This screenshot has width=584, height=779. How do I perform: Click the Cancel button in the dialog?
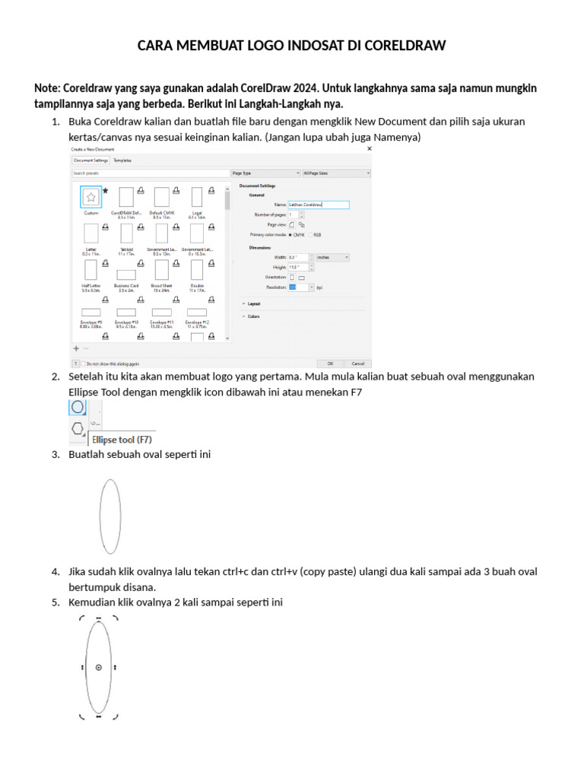[x=357, y=364]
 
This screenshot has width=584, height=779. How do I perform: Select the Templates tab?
[x=122, y=161]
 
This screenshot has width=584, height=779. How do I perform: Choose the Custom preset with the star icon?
[x=90, y=198]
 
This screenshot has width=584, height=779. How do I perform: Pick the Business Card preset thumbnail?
[x=126, y=275]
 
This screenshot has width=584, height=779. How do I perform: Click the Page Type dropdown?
[x=265, y=173]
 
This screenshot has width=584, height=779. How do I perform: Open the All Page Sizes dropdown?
[x=337, y=173]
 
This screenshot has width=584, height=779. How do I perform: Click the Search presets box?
[x=149, y=173]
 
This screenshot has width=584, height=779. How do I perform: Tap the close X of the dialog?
[x=370, y=149]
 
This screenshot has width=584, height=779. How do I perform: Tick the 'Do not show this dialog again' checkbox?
[x=83, y=364]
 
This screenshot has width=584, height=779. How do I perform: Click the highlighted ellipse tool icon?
[x=78, y=407]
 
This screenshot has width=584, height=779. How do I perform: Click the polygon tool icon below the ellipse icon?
[x=78, y=429]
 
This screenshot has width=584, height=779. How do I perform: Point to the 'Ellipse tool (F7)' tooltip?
[x=122, y=439]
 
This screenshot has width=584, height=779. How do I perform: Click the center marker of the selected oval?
[x=99, y=667]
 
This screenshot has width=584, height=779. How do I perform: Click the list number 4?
[x=56, y=571]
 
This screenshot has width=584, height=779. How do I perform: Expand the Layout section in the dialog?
[x=254, y=304]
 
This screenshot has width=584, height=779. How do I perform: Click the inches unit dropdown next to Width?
[x=332, y=257]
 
